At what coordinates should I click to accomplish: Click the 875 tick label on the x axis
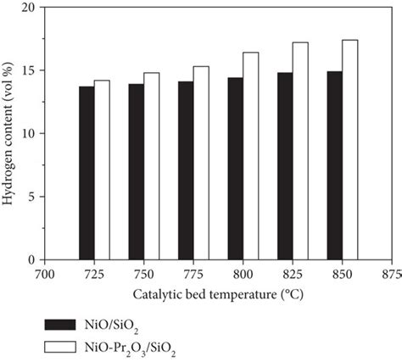pyautogui.click(x=392, y=274)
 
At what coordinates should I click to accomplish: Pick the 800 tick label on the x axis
pyautogui.click(x=243, y=274)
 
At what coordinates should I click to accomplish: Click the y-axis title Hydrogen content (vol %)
pyautogui.click(x=8, y=133)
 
